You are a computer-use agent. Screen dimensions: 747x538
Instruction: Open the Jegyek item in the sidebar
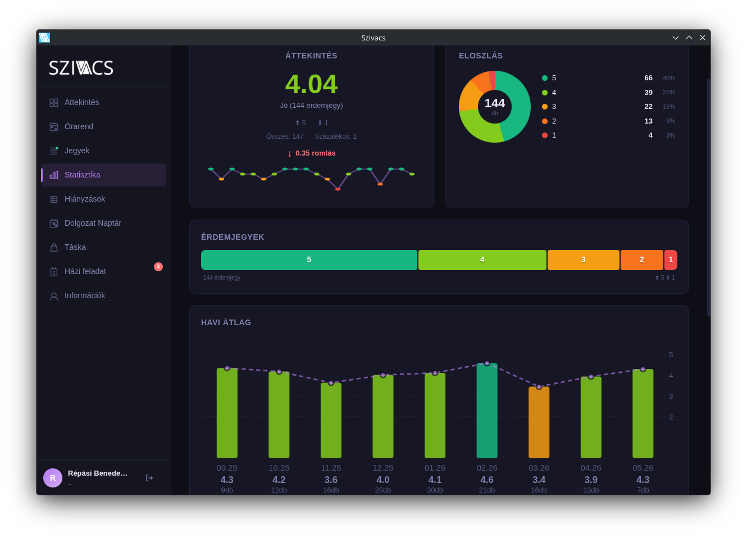(x=77, y=151)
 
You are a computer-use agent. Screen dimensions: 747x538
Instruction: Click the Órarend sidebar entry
(x=79, y=127)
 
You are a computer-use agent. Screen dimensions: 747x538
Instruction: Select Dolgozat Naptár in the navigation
(x=93, y=223)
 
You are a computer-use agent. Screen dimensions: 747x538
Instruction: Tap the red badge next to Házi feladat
(x=158, y=267)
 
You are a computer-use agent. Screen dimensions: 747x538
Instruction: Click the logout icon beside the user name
(x=149, y=478)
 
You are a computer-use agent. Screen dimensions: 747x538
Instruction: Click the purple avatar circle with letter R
(x=53, y=478)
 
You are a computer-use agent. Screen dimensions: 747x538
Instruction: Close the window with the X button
(x=703, y=38)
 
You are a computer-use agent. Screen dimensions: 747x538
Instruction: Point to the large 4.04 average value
(x=312, y=84)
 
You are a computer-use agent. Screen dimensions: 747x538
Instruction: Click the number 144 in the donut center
(x=495, y=103)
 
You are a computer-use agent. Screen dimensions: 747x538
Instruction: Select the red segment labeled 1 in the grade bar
(x=671, y=260)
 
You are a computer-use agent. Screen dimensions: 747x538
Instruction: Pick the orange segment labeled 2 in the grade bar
(x=642, y=260)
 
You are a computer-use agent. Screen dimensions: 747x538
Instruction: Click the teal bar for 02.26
(x=487, y=411)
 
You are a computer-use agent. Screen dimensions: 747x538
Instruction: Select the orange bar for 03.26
(x=539, y=423)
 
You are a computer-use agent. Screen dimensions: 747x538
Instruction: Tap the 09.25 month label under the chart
(x=227, y=468)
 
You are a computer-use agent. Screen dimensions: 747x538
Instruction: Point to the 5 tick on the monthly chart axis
(x=671, y=355)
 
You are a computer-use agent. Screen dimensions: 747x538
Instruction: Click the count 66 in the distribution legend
(x=649, y=78)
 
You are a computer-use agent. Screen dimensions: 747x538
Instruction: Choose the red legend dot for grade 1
(x=545, y=135)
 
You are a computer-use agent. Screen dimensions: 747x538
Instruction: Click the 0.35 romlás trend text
(x=316, y=153)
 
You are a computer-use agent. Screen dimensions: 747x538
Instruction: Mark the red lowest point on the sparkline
(x=338, y=189)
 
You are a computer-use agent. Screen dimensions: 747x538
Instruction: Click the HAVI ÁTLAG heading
(x=226, y=322)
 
